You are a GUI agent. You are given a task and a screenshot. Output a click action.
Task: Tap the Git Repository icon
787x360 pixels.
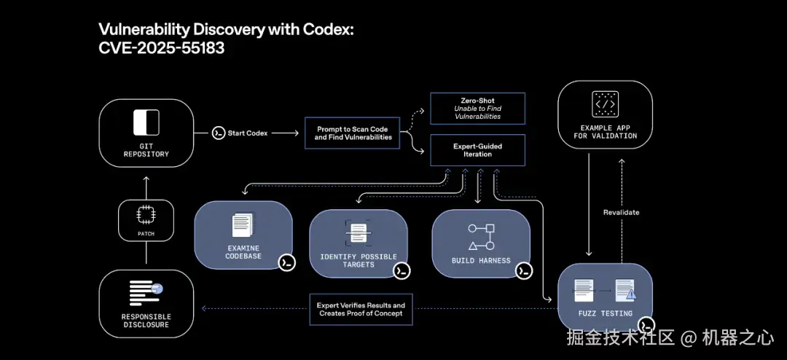[146, 122]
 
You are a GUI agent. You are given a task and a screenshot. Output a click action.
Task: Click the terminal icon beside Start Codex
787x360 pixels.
[218, 133]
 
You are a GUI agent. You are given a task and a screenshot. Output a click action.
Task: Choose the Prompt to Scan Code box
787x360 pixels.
[352, 133]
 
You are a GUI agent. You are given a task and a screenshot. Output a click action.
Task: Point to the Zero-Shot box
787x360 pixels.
[477, 107]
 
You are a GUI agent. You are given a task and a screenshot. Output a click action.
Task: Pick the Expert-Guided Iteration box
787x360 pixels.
[477, 150]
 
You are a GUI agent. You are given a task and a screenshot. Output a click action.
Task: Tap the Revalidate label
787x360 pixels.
[621, 212]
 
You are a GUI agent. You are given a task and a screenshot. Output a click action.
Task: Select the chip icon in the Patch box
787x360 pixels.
[146, 214]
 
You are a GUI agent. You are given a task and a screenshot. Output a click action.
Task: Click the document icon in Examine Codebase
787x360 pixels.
[243, 225]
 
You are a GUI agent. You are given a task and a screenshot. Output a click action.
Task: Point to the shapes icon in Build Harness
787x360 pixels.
[481, 237]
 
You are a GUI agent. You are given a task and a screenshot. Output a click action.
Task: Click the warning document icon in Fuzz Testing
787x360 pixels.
[625, 291]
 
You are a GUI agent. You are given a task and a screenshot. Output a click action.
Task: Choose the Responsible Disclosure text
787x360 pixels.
[146, 321]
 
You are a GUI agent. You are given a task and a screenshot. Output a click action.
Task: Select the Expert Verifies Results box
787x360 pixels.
[361, 309]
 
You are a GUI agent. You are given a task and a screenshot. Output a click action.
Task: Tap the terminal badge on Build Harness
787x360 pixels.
[523, 270]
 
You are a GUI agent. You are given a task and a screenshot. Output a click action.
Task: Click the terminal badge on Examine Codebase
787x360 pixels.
[286, 262]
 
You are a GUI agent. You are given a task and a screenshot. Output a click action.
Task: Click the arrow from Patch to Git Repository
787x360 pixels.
[146, 187]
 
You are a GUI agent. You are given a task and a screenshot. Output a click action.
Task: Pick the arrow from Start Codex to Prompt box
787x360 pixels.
[286, 133]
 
